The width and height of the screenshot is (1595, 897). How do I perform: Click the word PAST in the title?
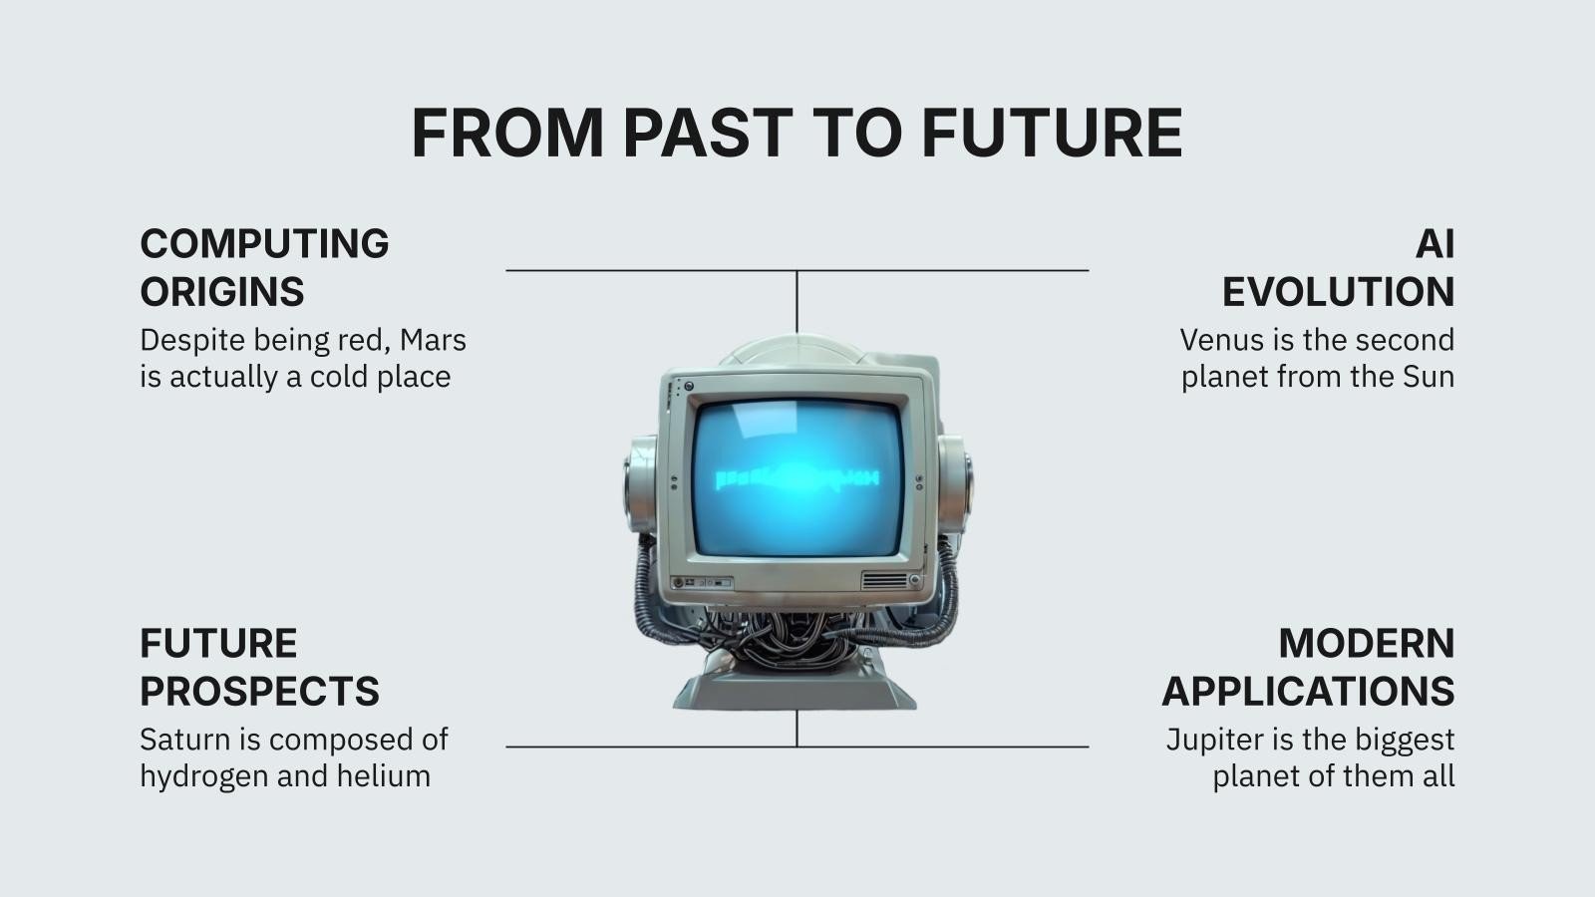[x=707, y=133]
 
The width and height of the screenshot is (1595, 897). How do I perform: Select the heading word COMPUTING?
[x=264, y=244]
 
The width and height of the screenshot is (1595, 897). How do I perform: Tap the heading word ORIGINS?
[x=221, y=292]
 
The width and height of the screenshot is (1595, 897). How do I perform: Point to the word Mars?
[x=433, y=340]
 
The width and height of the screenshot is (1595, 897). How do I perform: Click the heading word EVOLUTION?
[x=1338, y=292]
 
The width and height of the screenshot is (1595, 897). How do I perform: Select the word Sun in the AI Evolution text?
[x=1428, y=377]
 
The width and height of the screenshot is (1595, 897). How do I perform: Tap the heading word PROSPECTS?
[x=259, y=691]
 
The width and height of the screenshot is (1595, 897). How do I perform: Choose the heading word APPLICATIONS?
[x=1308, y=691]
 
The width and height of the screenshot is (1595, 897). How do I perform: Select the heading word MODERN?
[x=1366, y=643]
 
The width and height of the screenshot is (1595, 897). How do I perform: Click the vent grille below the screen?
[x=884, y=580]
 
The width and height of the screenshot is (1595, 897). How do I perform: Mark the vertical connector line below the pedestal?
[x=797, y=729]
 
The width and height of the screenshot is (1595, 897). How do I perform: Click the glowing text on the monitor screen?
[x=797, y=479]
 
